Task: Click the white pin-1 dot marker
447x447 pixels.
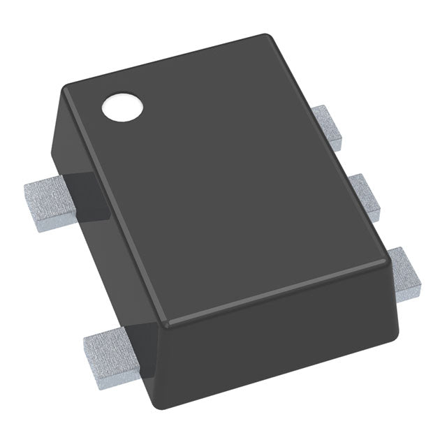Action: tap(122, 108)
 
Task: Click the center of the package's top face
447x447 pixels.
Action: tap(223, 178)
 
